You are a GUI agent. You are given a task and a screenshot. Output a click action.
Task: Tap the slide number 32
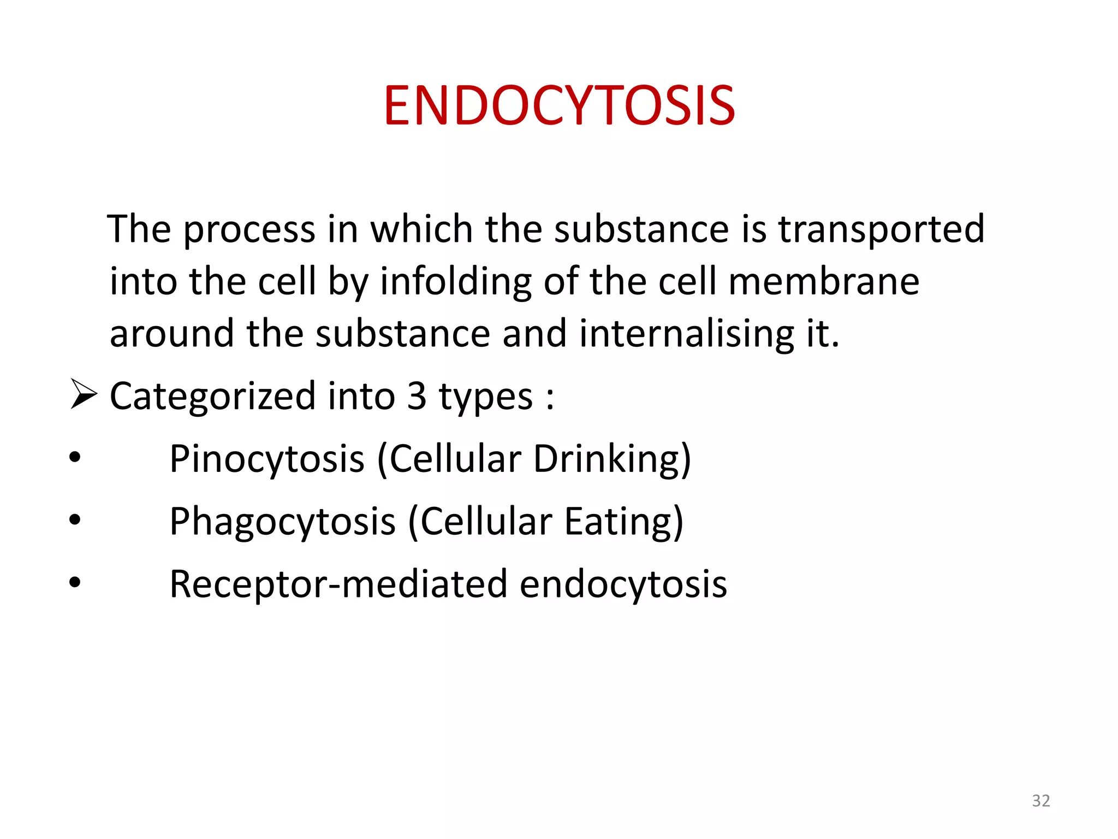tap(1040, 800)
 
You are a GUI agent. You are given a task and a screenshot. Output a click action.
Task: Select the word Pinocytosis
tap(267, 459)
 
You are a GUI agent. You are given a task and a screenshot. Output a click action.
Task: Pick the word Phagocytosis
tap(282, 522)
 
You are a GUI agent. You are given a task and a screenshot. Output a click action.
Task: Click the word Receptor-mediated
tap(338, 584)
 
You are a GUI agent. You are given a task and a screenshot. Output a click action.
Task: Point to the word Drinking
tap(606, 459)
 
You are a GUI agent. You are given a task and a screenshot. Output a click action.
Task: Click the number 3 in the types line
tap(417, 395)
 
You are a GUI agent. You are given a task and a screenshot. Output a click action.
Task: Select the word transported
tap(881, 229)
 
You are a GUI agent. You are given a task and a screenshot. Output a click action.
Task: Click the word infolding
tap(455, 282)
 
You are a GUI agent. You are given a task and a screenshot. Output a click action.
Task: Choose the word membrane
tap(824, 282)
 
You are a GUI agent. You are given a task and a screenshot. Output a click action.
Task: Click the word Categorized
tap(212, 396)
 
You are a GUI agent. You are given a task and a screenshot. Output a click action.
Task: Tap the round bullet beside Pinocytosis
tap(75, 457)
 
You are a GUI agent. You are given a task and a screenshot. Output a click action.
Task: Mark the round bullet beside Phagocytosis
tap(75, 520)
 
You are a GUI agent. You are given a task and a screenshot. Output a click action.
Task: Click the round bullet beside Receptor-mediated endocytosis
tap(75, 583)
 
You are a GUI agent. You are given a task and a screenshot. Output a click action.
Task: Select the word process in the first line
tap(249, 229)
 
